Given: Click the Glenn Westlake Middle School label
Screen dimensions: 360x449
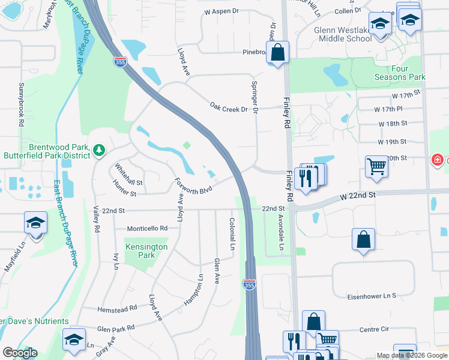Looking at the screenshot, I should [342, 34].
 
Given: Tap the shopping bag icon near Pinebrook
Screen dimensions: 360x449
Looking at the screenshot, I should [277, 53].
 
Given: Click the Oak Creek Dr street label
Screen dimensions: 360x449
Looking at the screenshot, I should [229, 107].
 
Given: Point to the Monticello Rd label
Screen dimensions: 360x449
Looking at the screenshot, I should [146, 229].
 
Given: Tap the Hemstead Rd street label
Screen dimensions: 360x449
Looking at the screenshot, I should [117, 308].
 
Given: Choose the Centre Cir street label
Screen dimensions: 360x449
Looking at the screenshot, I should [375, 329].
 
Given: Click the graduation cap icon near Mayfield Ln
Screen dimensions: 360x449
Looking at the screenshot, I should [35, 223].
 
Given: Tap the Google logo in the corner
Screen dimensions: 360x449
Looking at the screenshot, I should [19, 353].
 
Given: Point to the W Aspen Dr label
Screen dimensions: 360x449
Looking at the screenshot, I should [221, 11].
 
